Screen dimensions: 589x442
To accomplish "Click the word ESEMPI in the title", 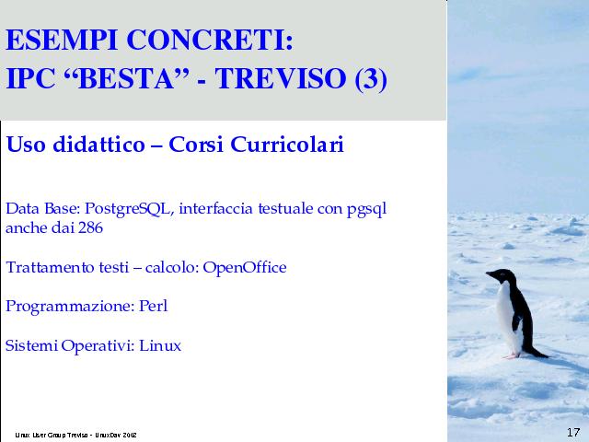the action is (x=62, y=40).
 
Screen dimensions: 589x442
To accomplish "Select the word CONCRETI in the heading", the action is (x=210, y=40).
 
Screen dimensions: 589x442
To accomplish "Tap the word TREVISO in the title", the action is (x=281, y=78).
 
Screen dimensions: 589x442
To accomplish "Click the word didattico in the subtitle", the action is (x=98, y=145).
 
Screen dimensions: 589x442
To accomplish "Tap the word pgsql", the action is (x=366, y=210).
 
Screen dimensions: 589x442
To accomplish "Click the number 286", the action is (x=90, y=227).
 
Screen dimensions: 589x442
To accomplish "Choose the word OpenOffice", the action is (x=245, y=268).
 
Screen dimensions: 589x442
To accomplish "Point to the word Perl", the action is (x=154, y=306).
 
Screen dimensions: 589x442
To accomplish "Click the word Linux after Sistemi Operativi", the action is (x=160, y=345).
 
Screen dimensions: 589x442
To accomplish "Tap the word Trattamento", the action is (x=50, y=268).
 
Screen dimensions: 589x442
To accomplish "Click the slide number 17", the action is (x=573, y=433).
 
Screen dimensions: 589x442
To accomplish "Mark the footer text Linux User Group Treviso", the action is (x=52, y=436).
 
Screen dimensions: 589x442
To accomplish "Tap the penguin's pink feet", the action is (x=512, y=355).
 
